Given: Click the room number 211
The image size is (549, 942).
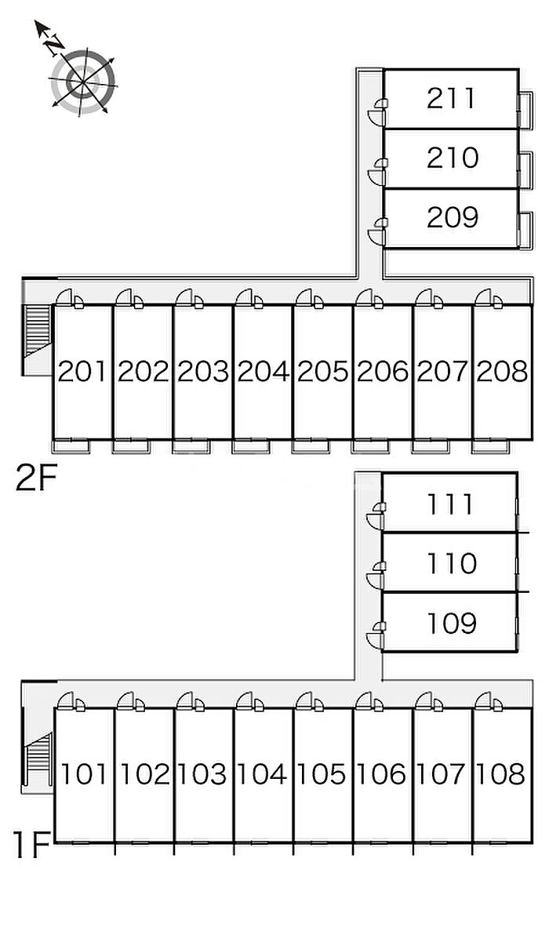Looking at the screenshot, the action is (x=451, y=98).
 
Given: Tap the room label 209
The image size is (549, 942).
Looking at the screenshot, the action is (x=453, y=217).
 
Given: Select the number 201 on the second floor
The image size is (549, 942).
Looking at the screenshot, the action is (x=82, y=371).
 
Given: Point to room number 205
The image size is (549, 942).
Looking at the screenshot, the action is (x=322, y=371).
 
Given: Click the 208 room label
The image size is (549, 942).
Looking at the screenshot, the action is (x=502, y=371).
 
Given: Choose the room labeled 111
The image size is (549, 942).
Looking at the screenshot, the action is (x=450, y=504).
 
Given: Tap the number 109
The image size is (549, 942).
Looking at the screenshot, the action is (x=452, y=624).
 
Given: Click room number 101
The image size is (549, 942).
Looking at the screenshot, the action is (x=84, y=774).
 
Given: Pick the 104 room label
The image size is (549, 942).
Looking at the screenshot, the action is (x=262, y=774).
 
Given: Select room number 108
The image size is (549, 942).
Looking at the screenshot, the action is (x=500, y=774).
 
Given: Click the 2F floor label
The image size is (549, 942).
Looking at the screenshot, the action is (x=36, y=478).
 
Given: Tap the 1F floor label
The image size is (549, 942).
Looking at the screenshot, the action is (x=32, y=845).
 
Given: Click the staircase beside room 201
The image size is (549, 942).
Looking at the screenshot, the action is (x=37, y=331).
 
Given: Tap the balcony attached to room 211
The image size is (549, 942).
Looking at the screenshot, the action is (x=525, y=109).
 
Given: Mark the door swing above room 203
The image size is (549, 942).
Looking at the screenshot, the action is (x=184, y=297).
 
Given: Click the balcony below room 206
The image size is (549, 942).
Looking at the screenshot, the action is (x=369, y=446).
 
